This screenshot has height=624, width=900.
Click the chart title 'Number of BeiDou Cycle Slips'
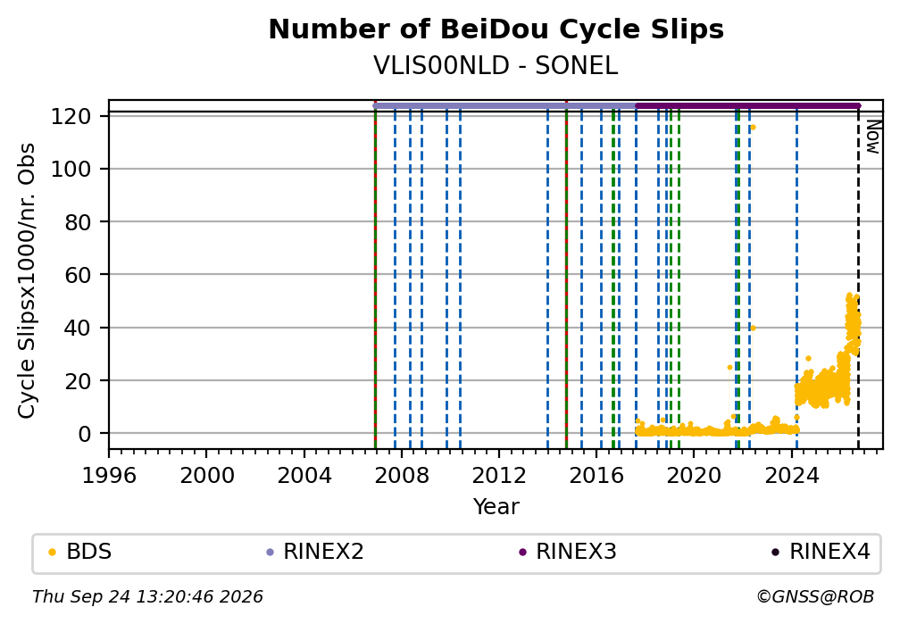(496, 29)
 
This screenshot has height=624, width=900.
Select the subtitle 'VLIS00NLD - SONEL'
(496, 66)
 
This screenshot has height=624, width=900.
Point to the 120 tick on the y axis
(71, 117)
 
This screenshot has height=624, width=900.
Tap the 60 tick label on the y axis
(78, 275)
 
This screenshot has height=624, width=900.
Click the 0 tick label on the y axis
(84, 434)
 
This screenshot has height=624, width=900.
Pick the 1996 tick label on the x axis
(109, 475)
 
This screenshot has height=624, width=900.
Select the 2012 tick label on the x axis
(499, 475)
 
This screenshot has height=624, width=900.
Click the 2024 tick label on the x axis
(791, 475)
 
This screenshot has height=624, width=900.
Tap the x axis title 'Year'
(496, 506)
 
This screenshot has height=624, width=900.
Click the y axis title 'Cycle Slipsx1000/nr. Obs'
(27, 280)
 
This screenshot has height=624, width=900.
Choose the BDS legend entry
(80, 552)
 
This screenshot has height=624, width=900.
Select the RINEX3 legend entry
(568, 552)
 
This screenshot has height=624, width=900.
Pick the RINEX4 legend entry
(821, 552)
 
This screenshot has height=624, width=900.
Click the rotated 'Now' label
(872, 137)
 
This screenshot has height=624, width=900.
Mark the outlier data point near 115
(753, 128)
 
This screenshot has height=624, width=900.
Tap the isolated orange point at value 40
(753, 328)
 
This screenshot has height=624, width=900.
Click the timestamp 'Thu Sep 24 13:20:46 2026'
(147, 597)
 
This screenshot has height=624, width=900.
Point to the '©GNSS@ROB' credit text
(816, 597)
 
